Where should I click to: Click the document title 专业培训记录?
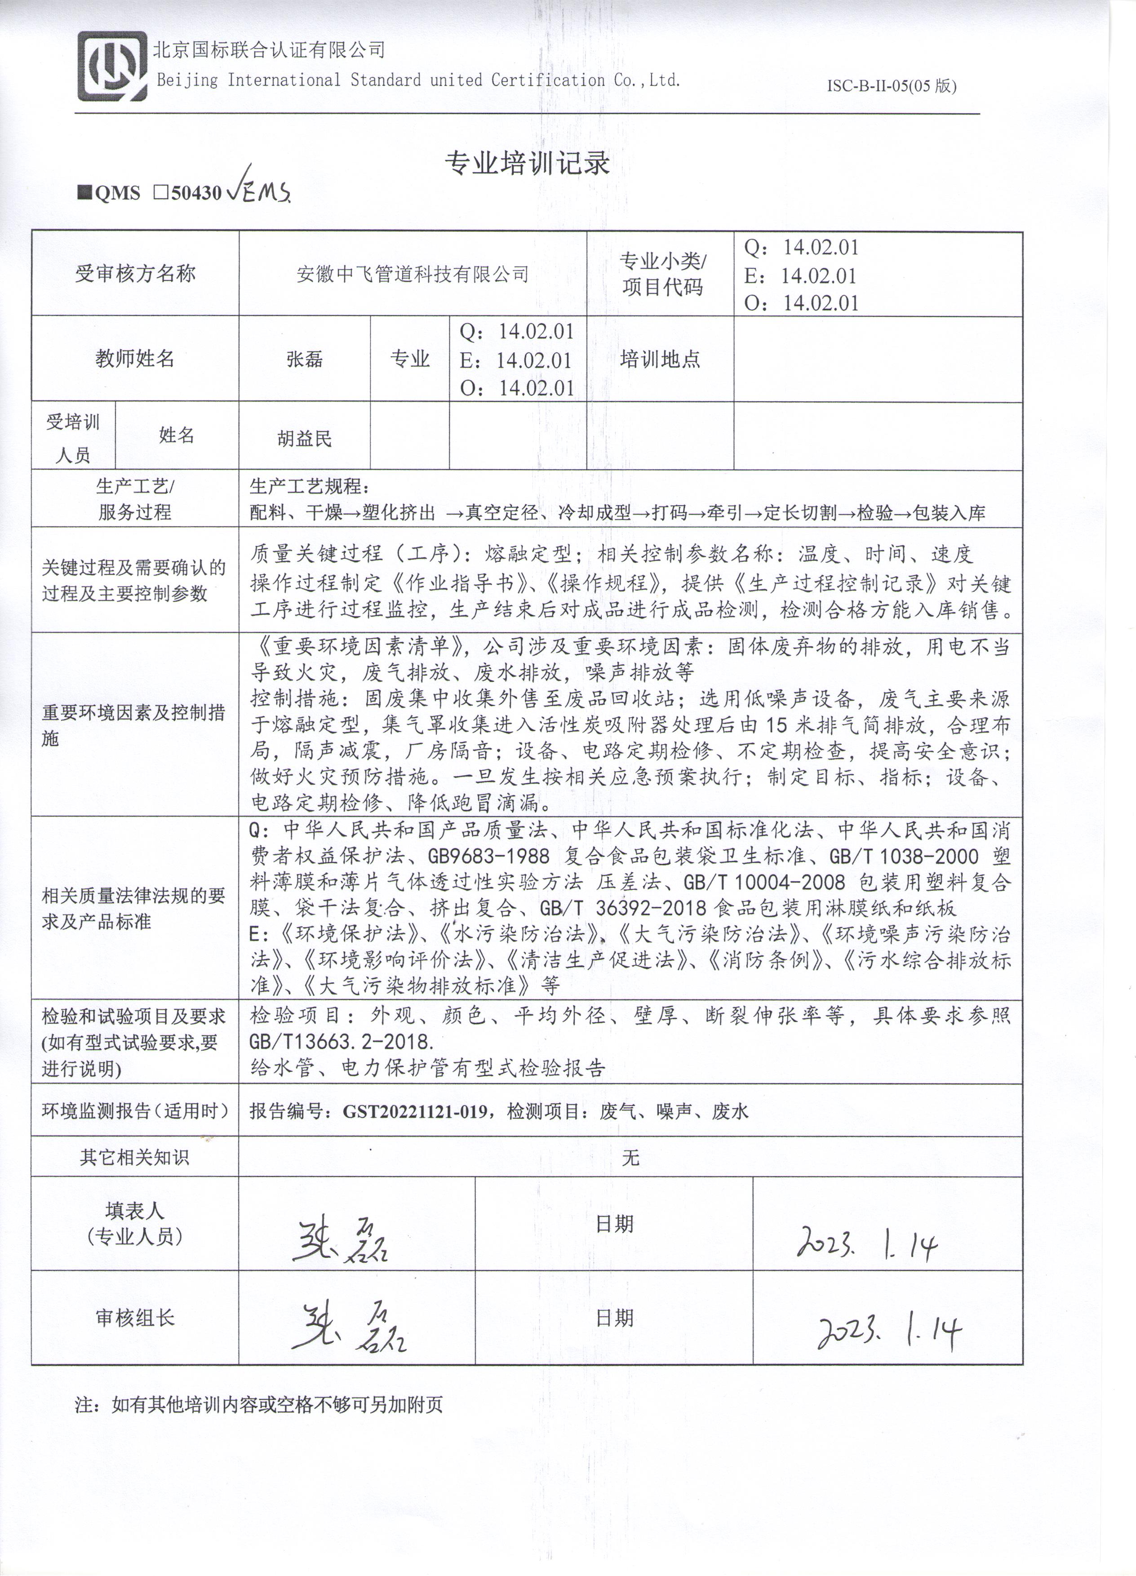click(x=528, y=163)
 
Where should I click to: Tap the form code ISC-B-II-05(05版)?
click(x=892, y=86)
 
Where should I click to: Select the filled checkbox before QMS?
click(x=85, y=192)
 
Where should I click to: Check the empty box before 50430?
click(x=160, y=192)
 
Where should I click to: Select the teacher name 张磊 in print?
click(x=304, y=359)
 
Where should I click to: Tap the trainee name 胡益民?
click(x=304, y=439)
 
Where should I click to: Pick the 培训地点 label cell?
click(x=660, y=359)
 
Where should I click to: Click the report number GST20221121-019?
click(x=415, y=1112)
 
